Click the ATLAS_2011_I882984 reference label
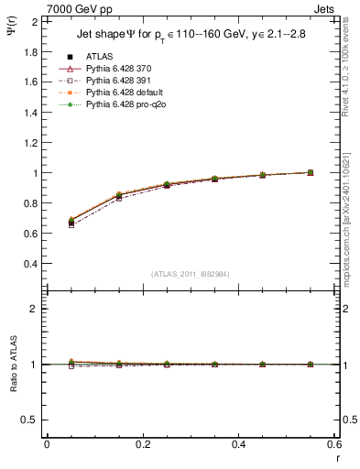(x=191, y=274)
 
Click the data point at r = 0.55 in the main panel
(x=311, y=172)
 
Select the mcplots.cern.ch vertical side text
(x=352, y=229)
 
